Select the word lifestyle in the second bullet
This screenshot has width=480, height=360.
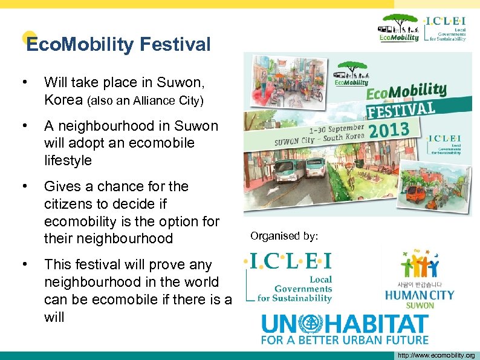click(x=68, y=160)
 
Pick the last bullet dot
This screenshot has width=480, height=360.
click(x=24, y=264)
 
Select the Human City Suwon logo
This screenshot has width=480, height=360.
click(x=420, y=278)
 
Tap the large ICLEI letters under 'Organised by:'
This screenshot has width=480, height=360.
click(x=288, y=261)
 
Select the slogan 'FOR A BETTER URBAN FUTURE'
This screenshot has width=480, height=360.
click(x=344, y=340)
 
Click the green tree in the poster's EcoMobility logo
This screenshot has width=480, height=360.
click(x=351, y=67)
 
